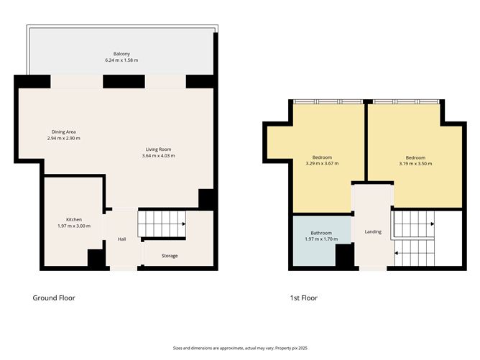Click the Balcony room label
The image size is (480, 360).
point(121,54)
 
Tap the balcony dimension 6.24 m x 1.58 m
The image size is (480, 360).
point(121,60)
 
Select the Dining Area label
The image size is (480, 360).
point(63,131)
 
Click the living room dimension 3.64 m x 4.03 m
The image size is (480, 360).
point(158,155)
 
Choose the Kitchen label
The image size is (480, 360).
point(74,219)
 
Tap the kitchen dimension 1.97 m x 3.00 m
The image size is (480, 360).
point(74,226)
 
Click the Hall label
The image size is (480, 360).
point(122,239)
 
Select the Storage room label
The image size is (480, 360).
point(169,256)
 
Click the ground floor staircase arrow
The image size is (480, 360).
point(184,224)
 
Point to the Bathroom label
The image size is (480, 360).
point(320,233)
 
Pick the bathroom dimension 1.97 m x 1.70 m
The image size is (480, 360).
point(320,240)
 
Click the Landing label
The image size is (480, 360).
point(373,231)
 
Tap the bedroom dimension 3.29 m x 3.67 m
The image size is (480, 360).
point(322,164)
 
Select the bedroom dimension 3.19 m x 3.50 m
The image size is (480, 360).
point(415,164)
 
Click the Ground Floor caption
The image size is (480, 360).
point(54,297)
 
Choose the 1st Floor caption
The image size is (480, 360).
point(305,297)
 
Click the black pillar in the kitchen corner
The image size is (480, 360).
point(95,259)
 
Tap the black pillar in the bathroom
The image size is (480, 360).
point(344,255)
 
